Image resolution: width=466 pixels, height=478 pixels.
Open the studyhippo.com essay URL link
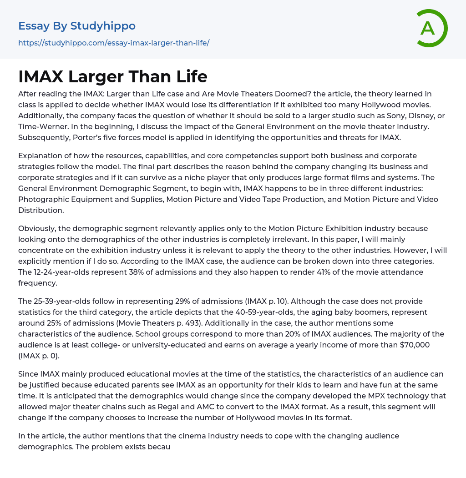(x=114, y=43)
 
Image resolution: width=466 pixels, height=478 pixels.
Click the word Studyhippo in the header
(x=103, y=26)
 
